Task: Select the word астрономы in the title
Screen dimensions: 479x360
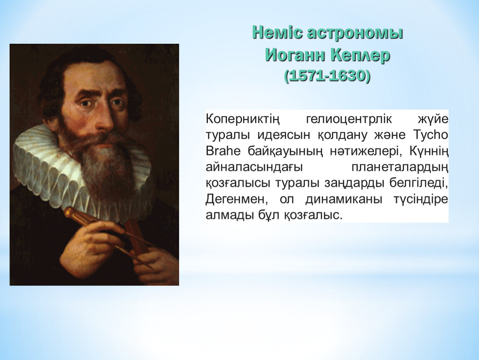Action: pyautogui.click(x=354, y=33)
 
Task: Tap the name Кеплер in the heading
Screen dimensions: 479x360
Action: pyautogui.click(x=360, y=55)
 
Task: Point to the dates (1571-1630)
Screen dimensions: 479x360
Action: pyautogui.click(x=327, y=76)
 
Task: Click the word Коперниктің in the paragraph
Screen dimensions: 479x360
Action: pyautogui.click(x=243, y=119)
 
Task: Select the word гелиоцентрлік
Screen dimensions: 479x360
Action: pyautogui.click(x=349, y=119)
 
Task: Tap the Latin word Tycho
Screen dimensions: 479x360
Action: pyautogui.click(x=430, y=135)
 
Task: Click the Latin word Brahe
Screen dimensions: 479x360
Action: pyautogui.click(x=223, y=151)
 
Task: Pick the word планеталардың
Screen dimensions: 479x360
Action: pyautogui.click(x=400, y=167)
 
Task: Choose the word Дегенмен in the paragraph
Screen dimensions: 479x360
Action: pyautogui.click(x=237, y=199)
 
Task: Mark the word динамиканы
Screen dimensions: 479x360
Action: pyautogui.click(x=344, y=199)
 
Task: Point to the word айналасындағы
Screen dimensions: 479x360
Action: pyautogui.click(x=254, y=167)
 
